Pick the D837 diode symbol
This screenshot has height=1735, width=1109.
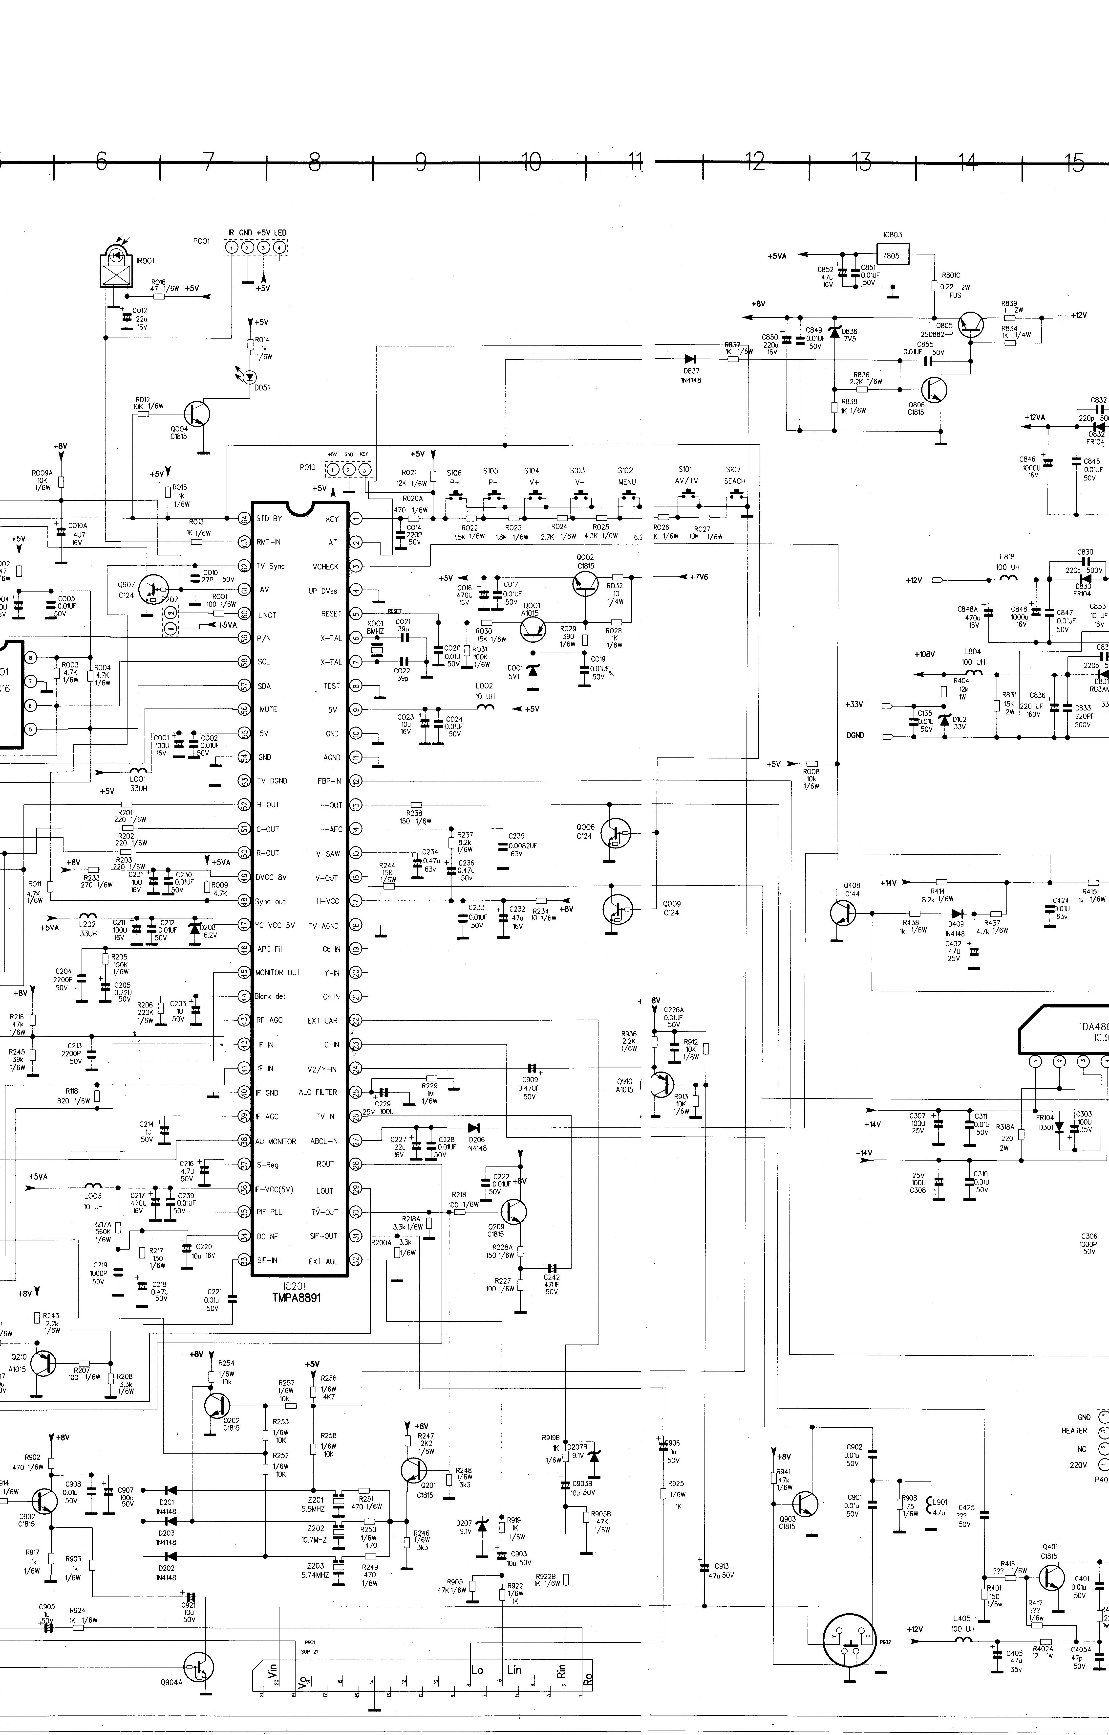691,359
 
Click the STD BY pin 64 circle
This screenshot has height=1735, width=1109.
244,519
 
